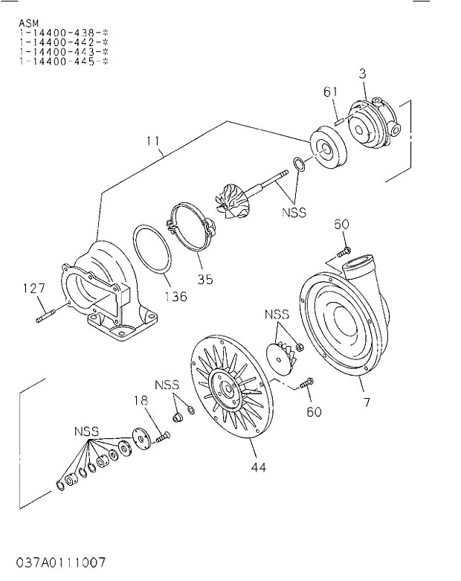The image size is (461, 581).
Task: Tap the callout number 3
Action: tap(363, 75)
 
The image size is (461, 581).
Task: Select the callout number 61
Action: tap(331, 92)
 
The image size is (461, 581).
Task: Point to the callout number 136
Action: tap(175, 296)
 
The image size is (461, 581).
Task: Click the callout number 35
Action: tap(204, 280)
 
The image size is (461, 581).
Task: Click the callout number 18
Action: tap(141, 401)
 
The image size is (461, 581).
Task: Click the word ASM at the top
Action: tap(28, 24)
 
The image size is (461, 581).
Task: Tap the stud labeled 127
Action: tap(45, 318)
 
